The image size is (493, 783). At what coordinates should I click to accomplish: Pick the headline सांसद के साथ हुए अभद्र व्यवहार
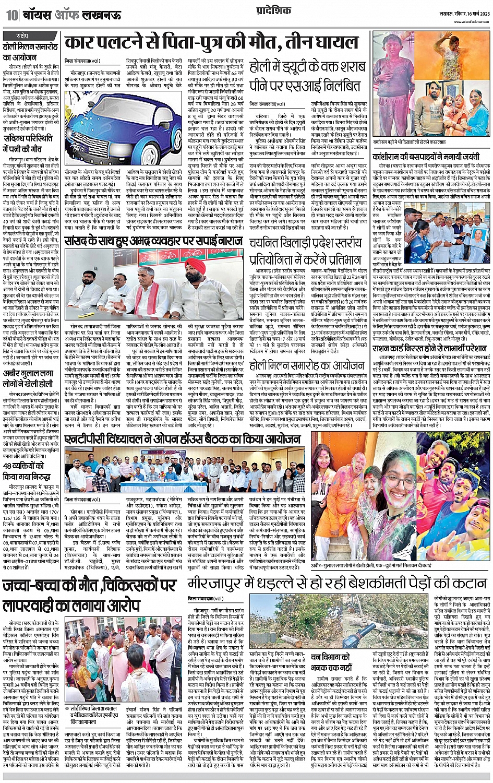tap(153, 241)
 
